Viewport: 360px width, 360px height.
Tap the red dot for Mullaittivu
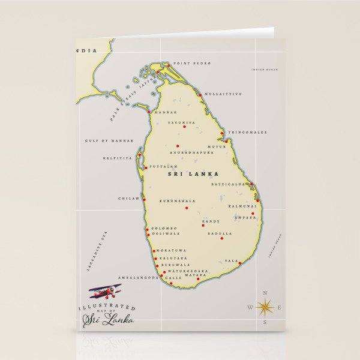click(x=200, y=94)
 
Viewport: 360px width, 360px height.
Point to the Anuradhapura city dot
click(x=178, y=146)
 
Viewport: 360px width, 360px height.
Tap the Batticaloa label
click(x=229, y=184)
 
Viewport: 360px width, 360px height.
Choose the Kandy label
click(x=211, y=221)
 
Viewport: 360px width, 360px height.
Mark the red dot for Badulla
click(x=221, y=238)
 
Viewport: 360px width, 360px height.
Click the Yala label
click(x=231, y=261)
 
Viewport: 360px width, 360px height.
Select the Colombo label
click(x=164, y=228)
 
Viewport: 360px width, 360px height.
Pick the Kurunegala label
click(x=177, y=201)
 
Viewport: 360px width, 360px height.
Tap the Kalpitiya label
click(x=117, y=158)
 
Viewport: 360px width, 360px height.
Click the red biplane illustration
click(x=106, y=292)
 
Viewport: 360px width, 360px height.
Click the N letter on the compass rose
click(x=265, y=292)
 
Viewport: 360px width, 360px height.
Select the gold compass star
click(x=265, y=307)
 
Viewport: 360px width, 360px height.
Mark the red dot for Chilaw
click(x=144, y=199)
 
